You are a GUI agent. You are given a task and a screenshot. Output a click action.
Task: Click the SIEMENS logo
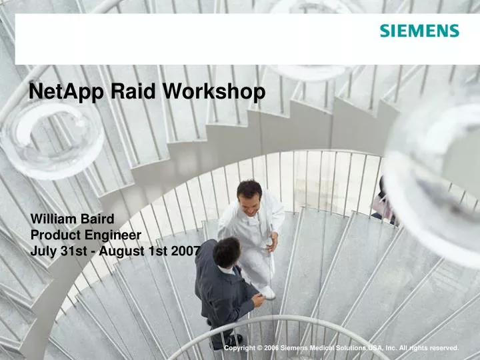[x=419, y=31]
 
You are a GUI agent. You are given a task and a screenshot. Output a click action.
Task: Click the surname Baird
[x=97, y=219]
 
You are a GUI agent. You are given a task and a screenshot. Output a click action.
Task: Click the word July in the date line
[x=43, y=251]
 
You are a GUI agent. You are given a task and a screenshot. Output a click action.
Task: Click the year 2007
[x=186, y=251]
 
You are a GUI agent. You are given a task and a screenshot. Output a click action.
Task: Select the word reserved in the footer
[x=441, y=349]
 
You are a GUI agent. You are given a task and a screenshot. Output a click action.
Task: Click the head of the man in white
[x=249, y=194]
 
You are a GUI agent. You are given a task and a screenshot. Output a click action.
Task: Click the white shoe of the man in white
[x=267, y=292]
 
